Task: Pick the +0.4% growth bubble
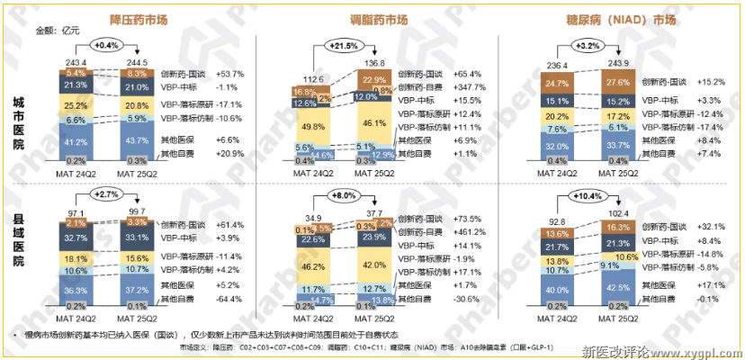[x=106, y=44]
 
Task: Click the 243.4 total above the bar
[x=76, y=61]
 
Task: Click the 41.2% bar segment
[x=76, y=142]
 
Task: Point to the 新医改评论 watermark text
[x=617, y=350]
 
